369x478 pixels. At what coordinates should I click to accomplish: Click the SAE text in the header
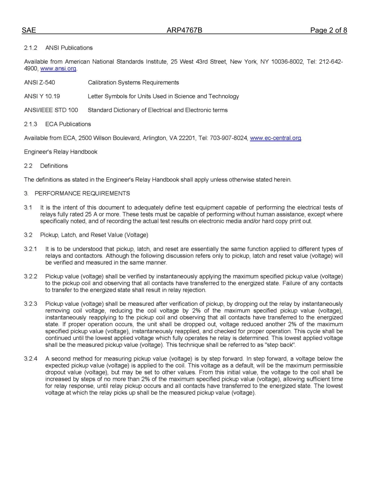click(x=29, y=30)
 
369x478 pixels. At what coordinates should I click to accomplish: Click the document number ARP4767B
click(x=184, y=30)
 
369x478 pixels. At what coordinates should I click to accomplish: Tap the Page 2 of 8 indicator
click(x=328, y=30)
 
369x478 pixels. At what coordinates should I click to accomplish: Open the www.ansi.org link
click(x=58, y=69)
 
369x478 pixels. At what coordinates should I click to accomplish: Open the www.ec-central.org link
click(x=275, y=138)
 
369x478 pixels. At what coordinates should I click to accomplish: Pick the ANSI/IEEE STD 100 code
click(x=51, y=110)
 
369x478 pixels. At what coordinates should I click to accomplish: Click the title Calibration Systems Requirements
click(x=133, y=82)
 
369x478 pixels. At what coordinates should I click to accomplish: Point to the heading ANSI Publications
click(x=69, y=48)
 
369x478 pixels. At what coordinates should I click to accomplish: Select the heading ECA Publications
click(x=68, y=124)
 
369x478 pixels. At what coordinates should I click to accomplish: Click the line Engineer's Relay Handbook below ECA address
click(x=61, y=152)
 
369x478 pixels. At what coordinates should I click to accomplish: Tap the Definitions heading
click(x=54, y=166)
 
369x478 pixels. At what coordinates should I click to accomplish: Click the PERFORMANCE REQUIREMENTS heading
click(x=82, y=193)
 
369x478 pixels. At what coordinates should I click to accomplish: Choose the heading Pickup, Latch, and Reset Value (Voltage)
click(x=94, y=235)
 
